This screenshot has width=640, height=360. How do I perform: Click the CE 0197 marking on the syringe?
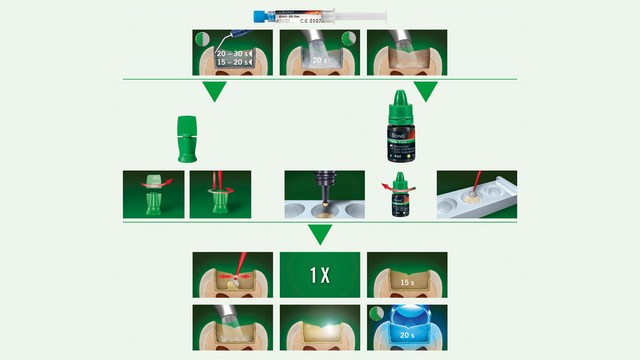[x=311, y=21]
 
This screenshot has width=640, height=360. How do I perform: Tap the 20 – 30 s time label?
[x=232, y=54]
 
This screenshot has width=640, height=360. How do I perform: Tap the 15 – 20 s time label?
[x=232, y=62]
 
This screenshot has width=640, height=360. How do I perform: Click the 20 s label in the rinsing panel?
[x=320, y=60]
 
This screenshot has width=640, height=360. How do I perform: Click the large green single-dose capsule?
[x=187, y=139]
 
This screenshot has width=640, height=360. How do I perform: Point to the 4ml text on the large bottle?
[x=397, y=156]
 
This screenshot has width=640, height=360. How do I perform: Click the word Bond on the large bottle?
[x=398, y=135]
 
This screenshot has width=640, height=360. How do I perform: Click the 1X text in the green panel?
[x=320, y=275]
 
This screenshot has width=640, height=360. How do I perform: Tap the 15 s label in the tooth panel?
[x=407, y=283]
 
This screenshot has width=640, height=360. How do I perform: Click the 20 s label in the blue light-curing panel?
[x=407, y=336]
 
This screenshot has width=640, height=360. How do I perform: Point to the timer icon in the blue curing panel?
[x=376, y=314]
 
